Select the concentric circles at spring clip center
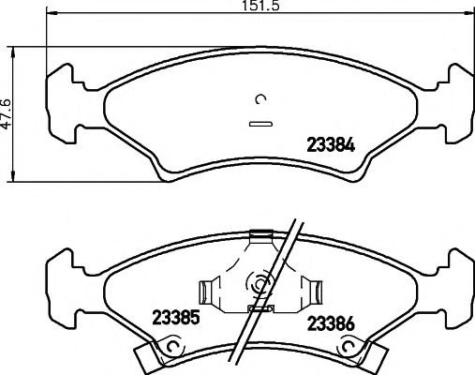[x=259, y=280]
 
